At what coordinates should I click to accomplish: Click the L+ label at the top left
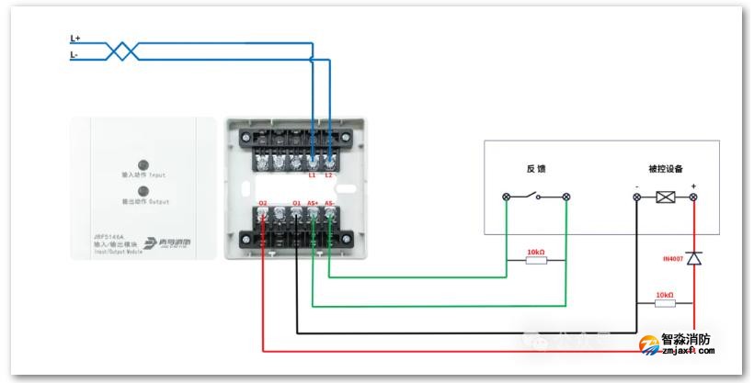(75, 39)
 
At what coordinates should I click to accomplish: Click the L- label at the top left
(75, 55)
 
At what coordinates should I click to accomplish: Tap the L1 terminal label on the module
(312, 175)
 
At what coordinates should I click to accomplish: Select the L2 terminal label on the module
(329, 175)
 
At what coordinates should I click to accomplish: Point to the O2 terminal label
(263, 203)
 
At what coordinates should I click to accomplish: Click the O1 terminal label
(296, 203)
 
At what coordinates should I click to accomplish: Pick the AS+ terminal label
(313, 203)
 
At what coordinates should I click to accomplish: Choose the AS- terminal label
(330, 203)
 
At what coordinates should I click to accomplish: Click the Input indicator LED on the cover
(143, 163)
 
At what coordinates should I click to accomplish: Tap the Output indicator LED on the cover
(143, 190)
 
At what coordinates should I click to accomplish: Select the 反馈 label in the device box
(536, 169)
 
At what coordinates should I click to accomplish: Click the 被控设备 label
(666, 169)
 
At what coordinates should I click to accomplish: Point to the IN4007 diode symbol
(694, 259)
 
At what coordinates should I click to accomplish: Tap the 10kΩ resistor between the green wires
(535, 260)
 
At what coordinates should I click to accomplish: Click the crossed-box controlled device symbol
(665, 197)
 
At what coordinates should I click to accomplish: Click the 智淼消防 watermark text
(686, 339)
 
